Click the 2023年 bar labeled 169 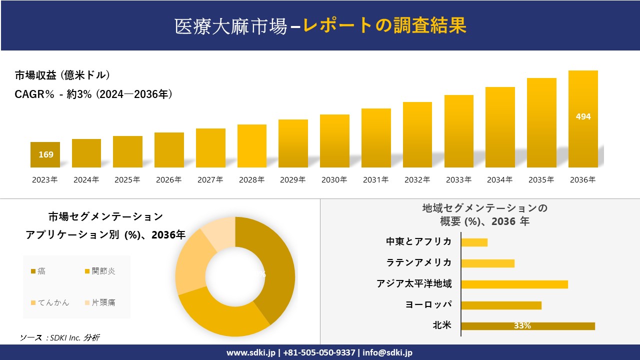click(45, 154)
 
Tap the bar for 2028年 click(252, 146)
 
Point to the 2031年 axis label click(375, 180)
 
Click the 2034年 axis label click(499, 180)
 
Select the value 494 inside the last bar click(583, 116)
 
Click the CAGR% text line click(94, 94)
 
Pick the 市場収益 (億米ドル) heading click(62, 75)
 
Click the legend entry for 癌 click(38, 271)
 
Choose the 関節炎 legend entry click(100, 271)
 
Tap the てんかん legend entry click(50, 302)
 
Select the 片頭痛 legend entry click(100, 302)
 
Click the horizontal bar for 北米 click(527, 326)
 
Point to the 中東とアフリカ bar click(474, 242)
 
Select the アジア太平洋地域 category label click(414, 284)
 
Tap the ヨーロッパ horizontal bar click(501, 305)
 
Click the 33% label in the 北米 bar click(522, 326)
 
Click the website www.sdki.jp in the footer click(250, 352)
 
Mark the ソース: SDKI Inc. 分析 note click(60, 338)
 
